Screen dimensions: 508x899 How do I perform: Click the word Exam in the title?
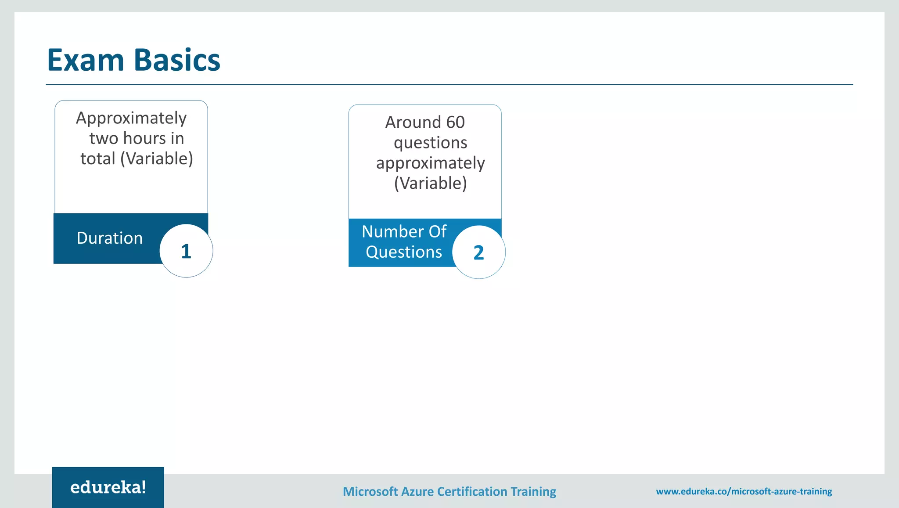point(86,60)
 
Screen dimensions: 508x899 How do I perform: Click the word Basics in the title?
point(177,60)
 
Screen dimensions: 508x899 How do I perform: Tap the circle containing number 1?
point(186,251)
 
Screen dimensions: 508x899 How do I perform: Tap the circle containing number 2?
point(478,252)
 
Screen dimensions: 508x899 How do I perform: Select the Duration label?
point(109,238)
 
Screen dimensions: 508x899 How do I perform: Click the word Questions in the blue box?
point(404,252)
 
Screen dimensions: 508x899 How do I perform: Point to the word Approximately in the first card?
point(131,119)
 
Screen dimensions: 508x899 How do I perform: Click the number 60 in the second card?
point(455,122)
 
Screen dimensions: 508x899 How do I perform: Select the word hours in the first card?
point(144,138)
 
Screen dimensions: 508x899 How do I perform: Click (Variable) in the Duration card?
point(157,159)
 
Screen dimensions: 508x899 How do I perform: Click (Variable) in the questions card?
point(430,183)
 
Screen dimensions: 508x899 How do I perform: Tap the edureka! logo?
point(108,487)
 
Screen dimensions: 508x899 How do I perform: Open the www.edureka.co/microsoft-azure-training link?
point(744,491)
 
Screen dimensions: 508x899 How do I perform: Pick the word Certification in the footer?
point(472,491)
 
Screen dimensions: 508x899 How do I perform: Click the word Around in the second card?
point(413,122)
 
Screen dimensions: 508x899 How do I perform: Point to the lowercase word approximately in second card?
point(430,163)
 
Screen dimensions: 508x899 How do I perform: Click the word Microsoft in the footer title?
point(370,491)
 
